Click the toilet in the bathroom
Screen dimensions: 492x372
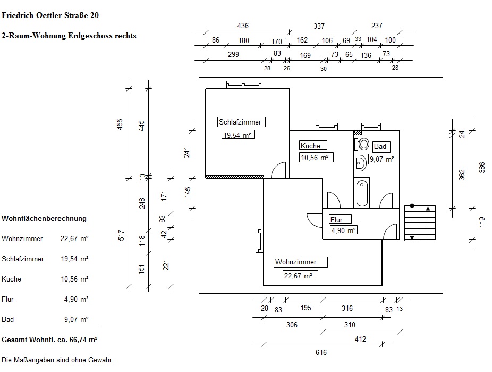[x=362, y=144]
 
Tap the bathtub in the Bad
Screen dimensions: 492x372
[x=362, y=193]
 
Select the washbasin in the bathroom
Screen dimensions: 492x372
[x=360, y=163]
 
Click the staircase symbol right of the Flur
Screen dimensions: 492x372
[x=420, y=222]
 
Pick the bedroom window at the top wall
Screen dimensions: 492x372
[x=244, y=84]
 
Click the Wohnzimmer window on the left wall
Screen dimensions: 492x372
[x=259, y=241]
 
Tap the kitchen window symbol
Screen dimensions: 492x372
[x=327, y=127]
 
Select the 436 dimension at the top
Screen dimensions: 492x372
[x=243, y=26]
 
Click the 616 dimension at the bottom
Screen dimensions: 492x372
[x=321, y=352]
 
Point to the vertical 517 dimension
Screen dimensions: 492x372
[x=122, y=235]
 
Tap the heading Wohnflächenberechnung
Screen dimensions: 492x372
[x=44, y=218]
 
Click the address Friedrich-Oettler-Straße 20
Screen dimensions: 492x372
[x=50, y=15]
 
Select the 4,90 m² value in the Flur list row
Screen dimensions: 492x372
[x=77, y=299]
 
